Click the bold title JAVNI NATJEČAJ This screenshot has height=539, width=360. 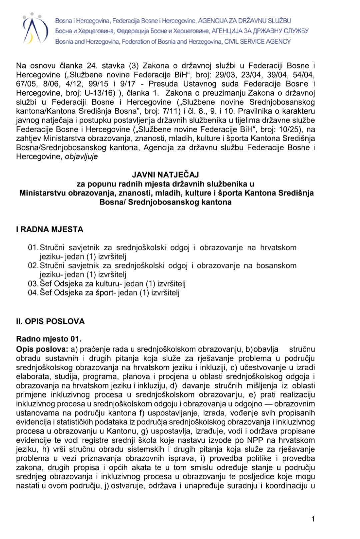[165, 175]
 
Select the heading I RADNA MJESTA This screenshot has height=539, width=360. [50, 230]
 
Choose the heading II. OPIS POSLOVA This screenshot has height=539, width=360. [50, 321]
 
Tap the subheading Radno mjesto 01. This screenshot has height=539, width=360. [49, 339]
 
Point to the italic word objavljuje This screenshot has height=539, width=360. [81, 157]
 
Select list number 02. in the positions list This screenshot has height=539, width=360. [33, 266]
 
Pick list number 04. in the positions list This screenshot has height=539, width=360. [33, 293]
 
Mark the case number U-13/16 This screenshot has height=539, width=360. [100, 93]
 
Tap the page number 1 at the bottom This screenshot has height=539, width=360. [313, 519]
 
